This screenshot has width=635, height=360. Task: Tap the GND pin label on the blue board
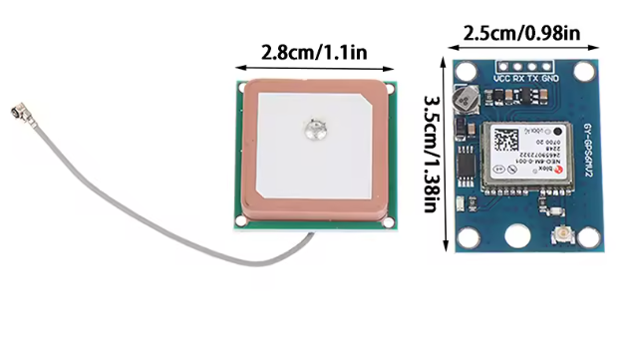pos(550,78)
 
